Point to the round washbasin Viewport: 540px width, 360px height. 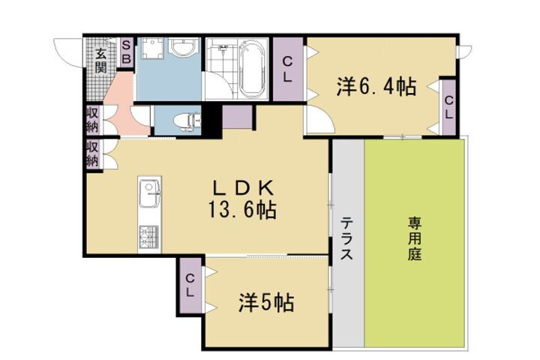click(181, 50)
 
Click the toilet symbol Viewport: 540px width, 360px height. click(184, 119)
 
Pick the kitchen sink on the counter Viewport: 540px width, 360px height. click(147, 197)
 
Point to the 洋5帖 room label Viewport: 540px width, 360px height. click(265, 303)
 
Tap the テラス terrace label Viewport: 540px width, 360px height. click(347, 238)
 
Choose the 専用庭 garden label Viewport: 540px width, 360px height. click(415, 238)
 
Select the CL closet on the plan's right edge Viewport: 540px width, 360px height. click(448, 106)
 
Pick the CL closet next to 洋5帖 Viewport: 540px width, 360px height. click(190, 285)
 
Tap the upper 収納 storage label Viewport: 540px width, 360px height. click(92, 121)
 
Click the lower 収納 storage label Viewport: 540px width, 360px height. click(92, 154)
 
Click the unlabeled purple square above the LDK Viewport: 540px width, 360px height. click(237, 118)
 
